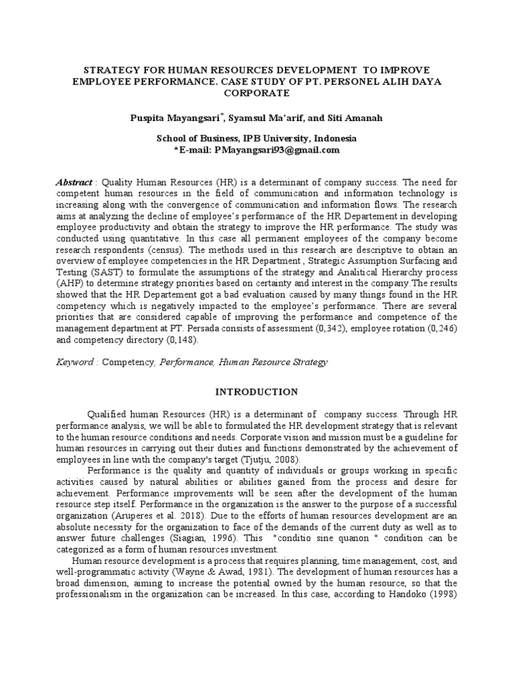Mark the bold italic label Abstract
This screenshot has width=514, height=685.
tap(74, 183)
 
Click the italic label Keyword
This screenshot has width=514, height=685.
tap(75, 362)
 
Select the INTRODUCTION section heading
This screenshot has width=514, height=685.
tap(257, 391)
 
